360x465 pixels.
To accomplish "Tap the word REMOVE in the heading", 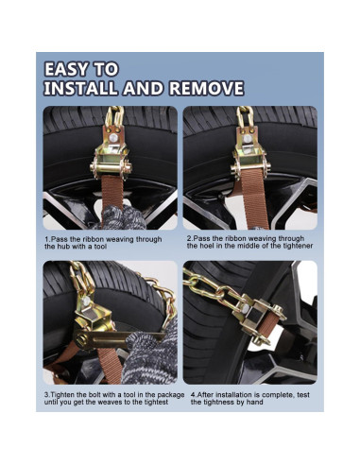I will point(204,90).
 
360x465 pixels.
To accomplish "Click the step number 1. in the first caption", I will point(47,239).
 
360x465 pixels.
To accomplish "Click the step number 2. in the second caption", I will point(189,238).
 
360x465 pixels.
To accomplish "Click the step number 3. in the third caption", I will point(47,393).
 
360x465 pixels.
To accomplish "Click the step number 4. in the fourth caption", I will point(193,393).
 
